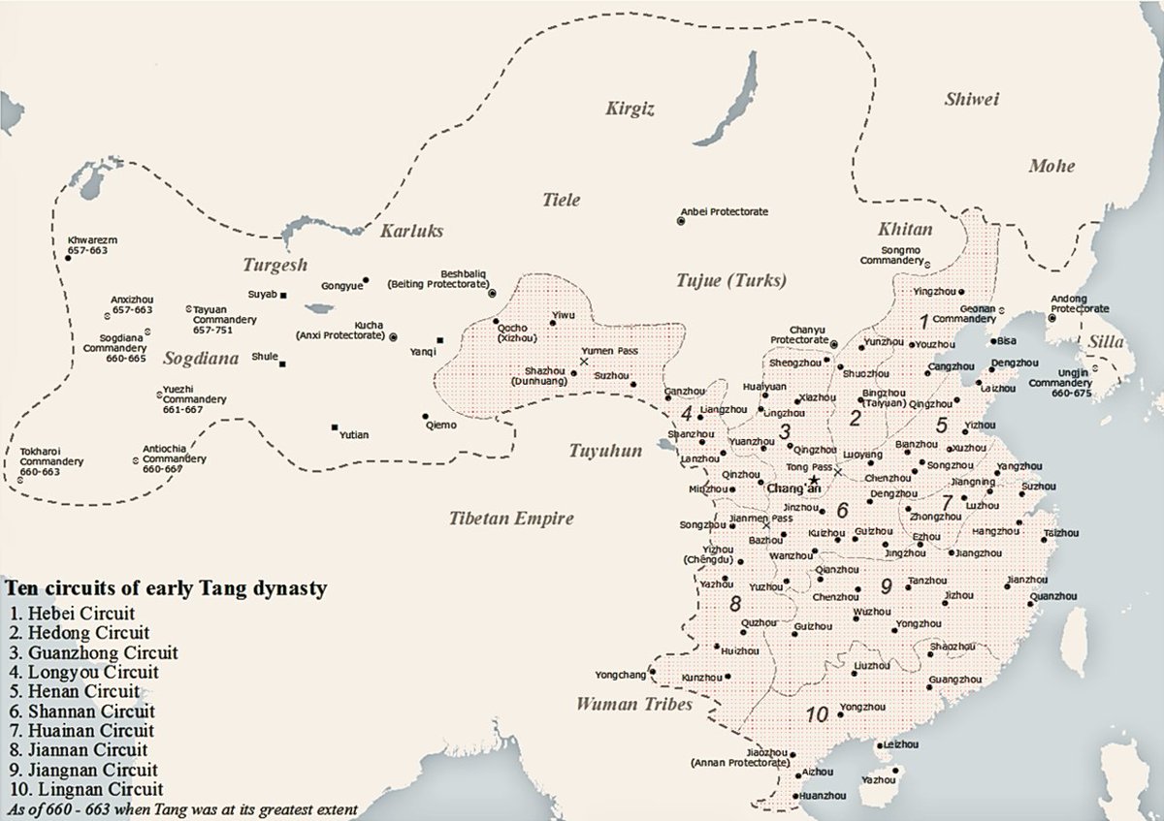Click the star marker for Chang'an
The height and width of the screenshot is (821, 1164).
point(815,479)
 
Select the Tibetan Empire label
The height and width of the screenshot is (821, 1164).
point(511,519)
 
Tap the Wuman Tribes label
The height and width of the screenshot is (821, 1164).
point(634,705)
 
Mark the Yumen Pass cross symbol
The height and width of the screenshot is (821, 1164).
point(583,361)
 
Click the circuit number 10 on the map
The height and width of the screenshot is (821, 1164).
point(817,715)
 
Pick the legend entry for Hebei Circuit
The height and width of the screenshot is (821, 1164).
point(69,613)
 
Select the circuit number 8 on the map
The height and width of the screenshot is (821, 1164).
point(734,605)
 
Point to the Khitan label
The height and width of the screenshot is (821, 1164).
point(904,230)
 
